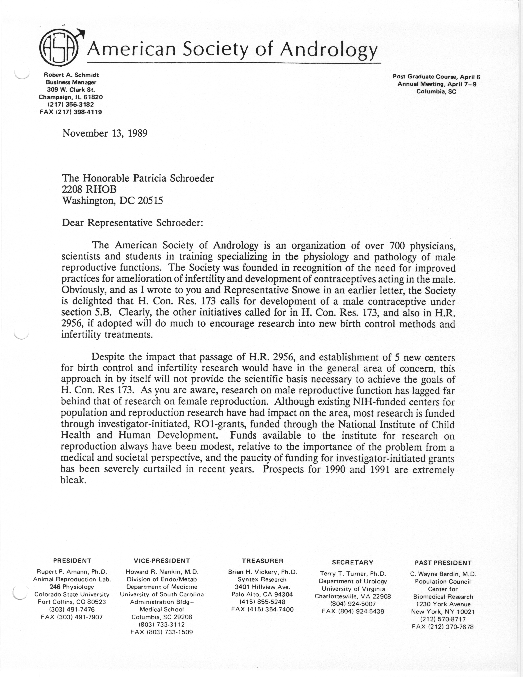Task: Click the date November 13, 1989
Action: (105, 133)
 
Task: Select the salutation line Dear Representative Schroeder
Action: (132, 223)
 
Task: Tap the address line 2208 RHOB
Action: (90, 189)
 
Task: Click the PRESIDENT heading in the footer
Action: (72, 560)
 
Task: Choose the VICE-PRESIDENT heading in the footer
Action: (162, 560)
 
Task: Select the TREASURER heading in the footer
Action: (262, 561)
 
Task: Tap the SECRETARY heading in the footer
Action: (353, 562)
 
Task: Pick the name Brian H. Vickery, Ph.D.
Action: (262, 572)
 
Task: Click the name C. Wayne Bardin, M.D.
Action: (443, 574)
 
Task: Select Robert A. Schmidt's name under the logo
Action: (71, 75)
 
